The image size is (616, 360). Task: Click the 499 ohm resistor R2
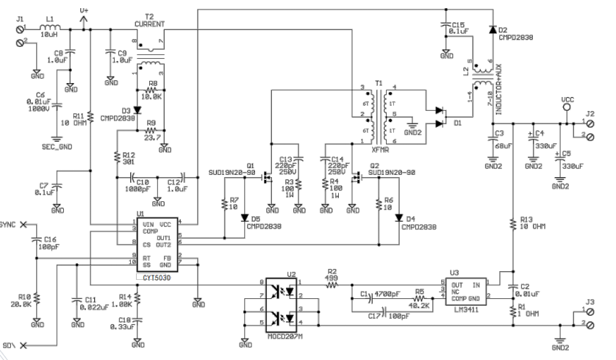[332, 282]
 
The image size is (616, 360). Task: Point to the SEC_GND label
[57, 147]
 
